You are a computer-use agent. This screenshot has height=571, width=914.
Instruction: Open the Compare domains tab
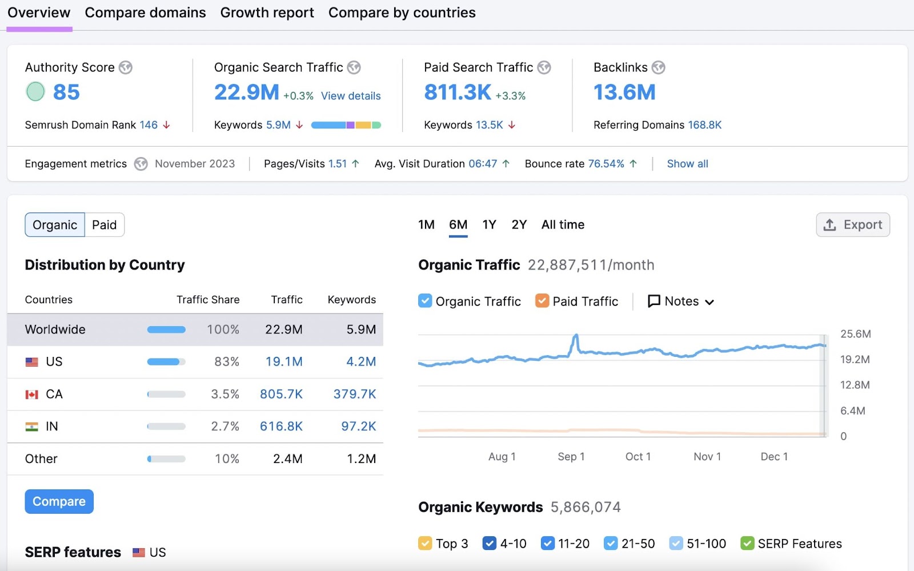coord(145,13)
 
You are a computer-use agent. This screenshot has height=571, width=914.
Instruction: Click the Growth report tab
coord(267,13)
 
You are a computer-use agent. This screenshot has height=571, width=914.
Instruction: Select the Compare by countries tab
coord(402,13)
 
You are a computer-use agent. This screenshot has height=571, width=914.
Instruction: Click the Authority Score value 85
coord(66,92)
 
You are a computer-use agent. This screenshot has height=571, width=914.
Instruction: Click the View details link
coord(350,96)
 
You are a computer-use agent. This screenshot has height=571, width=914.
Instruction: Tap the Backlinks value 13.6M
coord(624,92)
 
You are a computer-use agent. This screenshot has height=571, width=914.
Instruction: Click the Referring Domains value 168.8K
coord(704,125)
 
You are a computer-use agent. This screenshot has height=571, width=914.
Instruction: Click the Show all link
coord(687,164)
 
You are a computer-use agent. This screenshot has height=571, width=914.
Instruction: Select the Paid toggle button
coord(104,225)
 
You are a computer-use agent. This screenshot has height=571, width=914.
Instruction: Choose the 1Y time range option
coord(489,224)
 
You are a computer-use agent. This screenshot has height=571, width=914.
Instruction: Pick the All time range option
coord(563,224)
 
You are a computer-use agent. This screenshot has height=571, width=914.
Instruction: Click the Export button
coord(852,225)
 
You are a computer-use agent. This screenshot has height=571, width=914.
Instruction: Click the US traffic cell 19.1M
coord(284,361)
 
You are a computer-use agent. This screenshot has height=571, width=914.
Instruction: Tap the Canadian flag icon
coord(32,395)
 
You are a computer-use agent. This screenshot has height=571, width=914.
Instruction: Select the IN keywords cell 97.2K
coord(358,427)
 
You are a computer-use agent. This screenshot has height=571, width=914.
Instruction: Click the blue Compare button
coord(59,501)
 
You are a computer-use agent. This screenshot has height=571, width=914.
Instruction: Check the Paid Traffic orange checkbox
coord(542,301)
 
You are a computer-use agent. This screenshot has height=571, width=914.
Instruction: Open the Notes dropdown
coord(681,301)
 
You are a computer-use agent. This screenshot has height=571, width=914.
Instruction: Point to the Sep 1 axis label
coord(571,456)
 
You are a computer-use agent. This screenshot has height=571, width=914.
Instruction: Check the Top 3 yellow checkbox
coord(425,543)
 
